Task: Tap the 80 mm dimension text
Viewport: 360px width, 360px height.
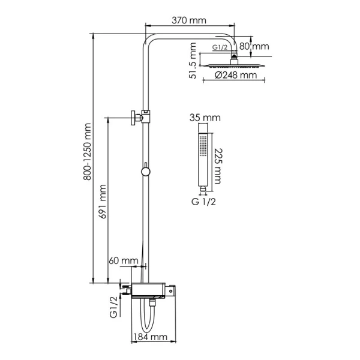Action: pos(254,46)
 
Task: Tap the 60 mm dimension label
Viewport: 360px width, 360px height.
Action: pos(122,260)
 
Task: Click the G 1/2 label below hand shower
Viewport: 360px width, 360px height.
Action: pos(204,202)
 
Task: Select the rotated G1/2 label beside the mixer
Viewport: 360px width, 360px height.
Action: pos(113,307)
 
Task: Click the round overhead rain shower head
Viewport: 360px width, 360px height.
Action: pos(233,62)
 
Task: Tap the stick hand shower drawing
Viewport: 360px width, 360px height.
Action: pos(205,159)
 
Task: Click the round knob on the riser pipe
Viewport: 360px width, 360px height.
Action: pos(145,173)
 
